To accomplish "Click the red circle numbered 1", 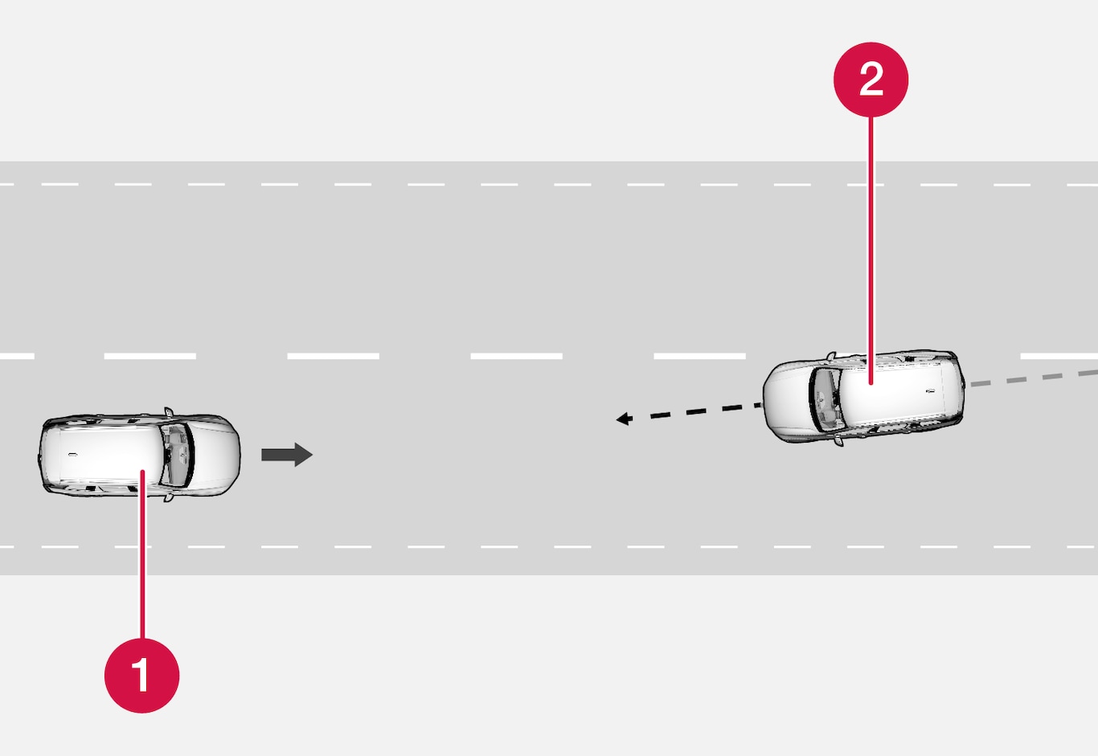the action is pyautogui.click(x=141, y=675).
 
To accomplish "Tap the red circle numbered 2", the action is pyautogui.click(x=871, y=80).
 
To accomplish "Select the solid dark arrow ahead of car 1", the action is pyautogui.click(x=287, y=455).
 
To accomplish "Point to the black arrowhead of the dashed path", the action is pyautogui.click(x=624, y=419).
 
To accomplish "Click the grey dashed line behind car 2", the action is pyautogui.click(x=1034, y=378).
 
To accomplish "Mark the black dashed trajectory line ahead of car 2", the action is pyautogui.click(x=689, y=412).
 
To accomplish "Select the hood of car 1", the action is pyautogui.click(x=215, y=455).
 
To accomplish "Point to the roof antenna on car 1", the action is pyautogui.click(x=72, y=455).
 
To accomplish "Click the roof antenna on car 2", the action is pyautogui.click(x=930, y=391).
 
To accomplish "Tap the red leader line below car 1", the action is pyautogui.click(x=142, y=554).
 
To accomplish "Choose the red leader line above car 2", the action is pyautogui.click(x=871, y=250).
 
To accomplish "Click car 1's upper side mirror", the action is pyautogui.click(x=169, y=412).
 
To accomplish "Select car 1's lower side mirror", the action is pyautogui.click(x=169, y=497).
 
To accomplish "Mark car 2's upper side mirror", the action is pyautogui.click(x=831, y=356).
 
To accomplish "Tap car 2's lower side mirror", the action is pyautogui.click(x=838, y=440).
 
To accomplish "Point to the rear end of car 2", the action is pyautogui.click(x=958, y=387).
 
